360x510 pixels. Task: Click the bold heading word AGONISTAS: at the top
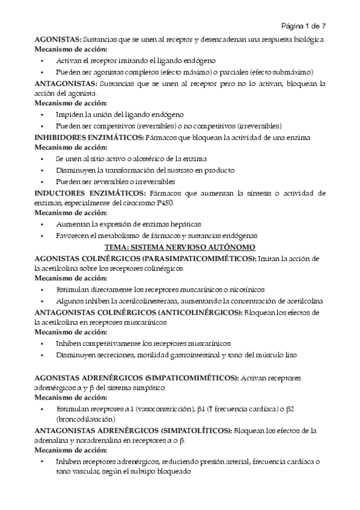(57, 39)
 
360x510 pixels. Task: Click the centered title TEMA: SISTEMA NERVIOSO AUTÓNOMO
(180, 247)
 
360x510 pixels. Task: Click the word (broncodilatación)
(85, 419)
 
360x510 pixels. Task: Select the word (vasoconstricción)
(165, 409)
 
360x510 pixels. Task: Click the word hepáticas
(184, 224)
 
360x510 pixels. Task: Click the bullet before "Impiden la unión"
(42, 115)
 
